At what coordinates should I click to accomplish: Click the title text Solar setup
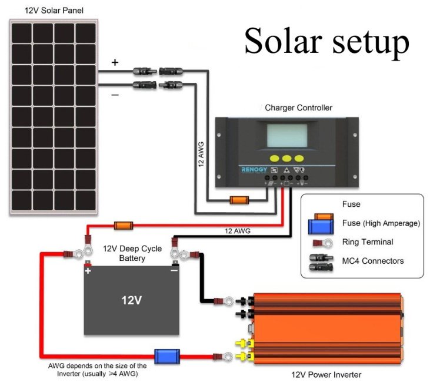coord(326,41)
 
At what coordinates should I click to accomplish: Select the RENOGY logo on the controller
coord(255,169)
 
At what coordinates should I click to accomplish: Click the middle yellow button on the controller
coord(285,158)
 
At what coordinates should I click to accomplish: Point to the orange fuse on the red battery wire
coord(123,225)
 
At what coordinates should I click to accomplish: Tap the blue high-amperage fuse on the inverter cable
coord(167,356)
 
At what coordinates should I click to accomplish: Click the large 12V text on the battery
coord(131,300)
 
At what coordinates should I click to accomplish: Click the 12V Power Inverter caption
coord(326,374)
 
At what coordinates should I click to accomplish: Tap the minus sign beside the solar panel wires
coord(115,94)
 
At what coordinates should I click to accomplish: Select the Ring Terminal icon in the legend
coord(320,243)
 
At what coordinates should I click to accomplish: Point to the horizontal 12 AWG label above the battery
coord(238,231)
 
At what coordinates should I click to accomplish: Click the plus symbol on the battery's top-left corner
coord(88,272)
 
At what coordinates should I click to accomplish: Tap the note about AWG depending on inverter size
coord(98,369)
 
